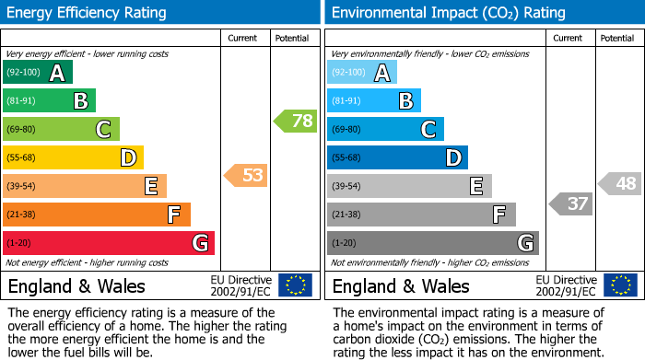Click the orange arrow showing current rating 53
pyautogui.click(x=246, y=175)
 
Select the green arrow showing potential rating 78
pyautogui.click(x=295, y=121)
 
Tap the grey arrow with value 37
pyautogui.click(x=570, y=203)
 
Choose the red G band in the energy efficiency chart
pyautogui.click(x=109, y=243)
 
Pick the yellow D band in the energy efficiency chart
pyautogui.click(x=74, y=158)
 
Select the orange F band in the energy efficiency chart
pyautogui.click(x=97, y=215)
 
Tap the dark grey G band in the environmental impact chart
pyautogui.click(x=433, y=243)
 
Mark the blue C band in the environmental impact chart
pyautogui.click(x=385, y=130)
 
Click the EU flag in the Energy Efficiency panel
pyautogui.click(x=295, y=285)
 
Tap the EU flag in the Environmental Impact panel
pyautogui.click(x=619, y=285)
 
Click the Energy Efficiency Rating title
pyautogui.click(x=88, y=13)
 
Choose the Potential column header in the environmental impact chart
pyautogui.click(x=617, y=38)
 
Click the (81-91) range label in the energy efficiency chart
pyautogui.click(x=23, y=101)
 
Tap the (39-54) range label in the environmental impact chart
pyautogui.click(x=347, y=186)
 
